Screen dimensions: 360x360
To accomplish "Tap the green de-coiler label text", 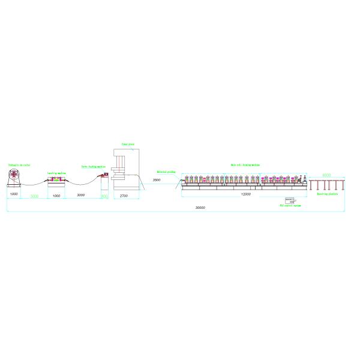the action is click(x=19, y=164).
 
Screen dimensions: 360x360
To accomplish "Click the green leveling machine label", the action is click(x=57, y=172).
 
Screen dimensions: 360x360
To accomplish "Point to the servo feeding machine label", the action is click(x=93, y=167).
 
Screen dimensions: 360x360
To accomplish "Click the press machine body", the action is click(x=123, y=168).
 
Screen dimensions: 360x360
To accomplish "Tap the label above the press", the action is click(x=128, y=144).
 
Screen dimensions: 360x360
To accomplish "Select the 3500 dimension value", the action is click(x=157, y=181).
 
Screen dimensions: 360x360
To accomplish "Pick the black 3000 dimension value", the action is click(x=80, y=196).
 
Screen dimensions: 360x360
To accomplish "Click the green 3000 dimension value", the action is click(x=34, y=196).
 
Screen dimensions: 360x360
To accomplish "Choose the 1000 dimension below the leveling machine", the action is click(x=56, y=196).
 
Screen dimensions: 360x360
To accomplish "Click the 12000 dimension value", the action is click(x=245, y=194).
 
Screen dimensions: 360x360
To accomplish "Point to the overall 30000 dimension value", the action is click(x=200, y=208).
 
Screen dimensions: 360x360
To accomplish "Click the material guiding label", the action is click(x=166, y=172).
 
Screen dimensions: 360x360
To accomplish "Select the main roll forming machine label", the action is click(x=245, y=164).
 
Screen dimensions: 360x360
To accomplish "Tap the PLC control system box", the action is click(x=290, y=200).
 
